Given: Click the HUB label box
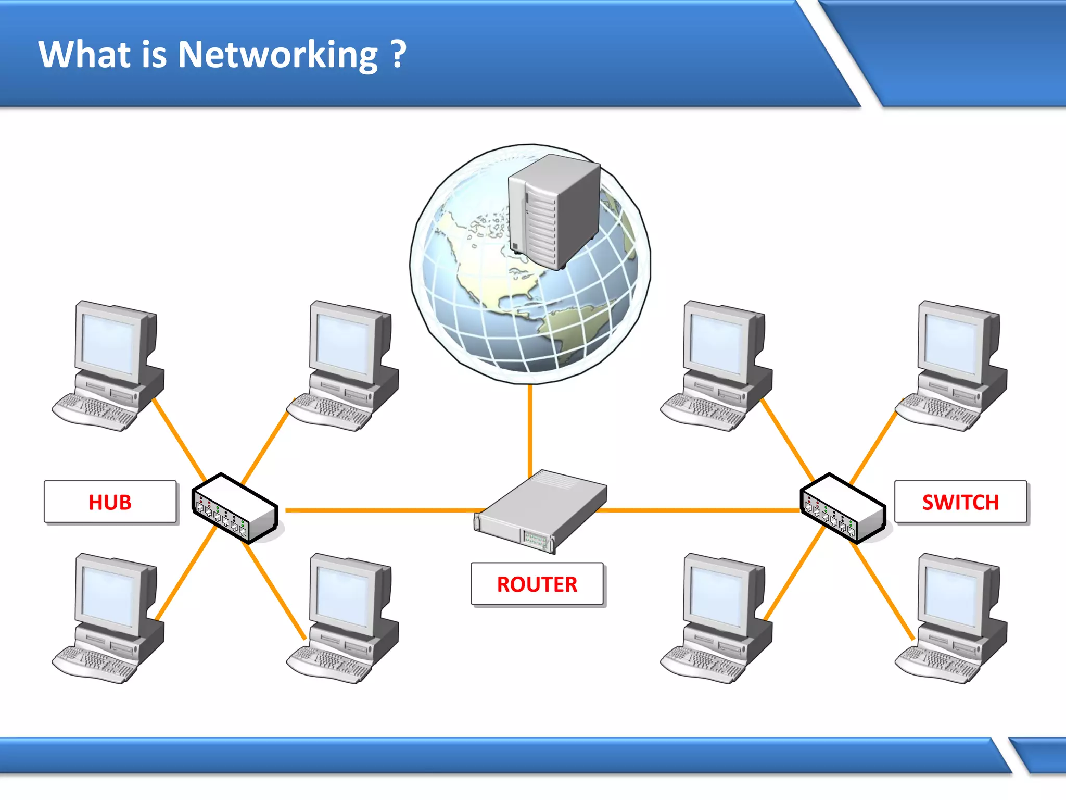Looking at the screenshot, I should tap(110, 502).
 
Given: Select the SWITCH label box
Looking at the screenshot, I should tap(960, 502).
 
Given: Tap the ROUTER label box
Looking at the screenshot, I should tap(537, 584).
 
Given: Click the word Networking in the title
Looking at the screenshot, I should tap(277, 55).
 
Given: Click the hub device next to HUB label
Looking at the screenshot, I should tap(234, 508).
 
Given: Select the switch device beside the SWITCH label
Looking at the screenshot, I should tap(842, 508).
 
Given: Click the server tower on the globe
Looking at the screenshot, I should tap(554, 211).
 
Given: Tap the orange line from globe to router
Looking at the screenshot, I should tap(530, 427).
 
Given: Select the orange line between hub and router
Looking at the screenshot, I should tap(380, 510).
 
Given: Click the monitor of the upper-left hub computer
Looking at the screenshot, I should tap(109, 341).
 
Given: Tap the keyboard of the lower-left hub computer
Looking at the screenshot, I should tap(94, 664).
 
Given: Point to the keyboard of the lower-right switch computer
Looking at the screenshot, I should tap(937, 664).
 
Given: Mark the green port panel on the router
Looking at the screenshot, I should tap(535, 540).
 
